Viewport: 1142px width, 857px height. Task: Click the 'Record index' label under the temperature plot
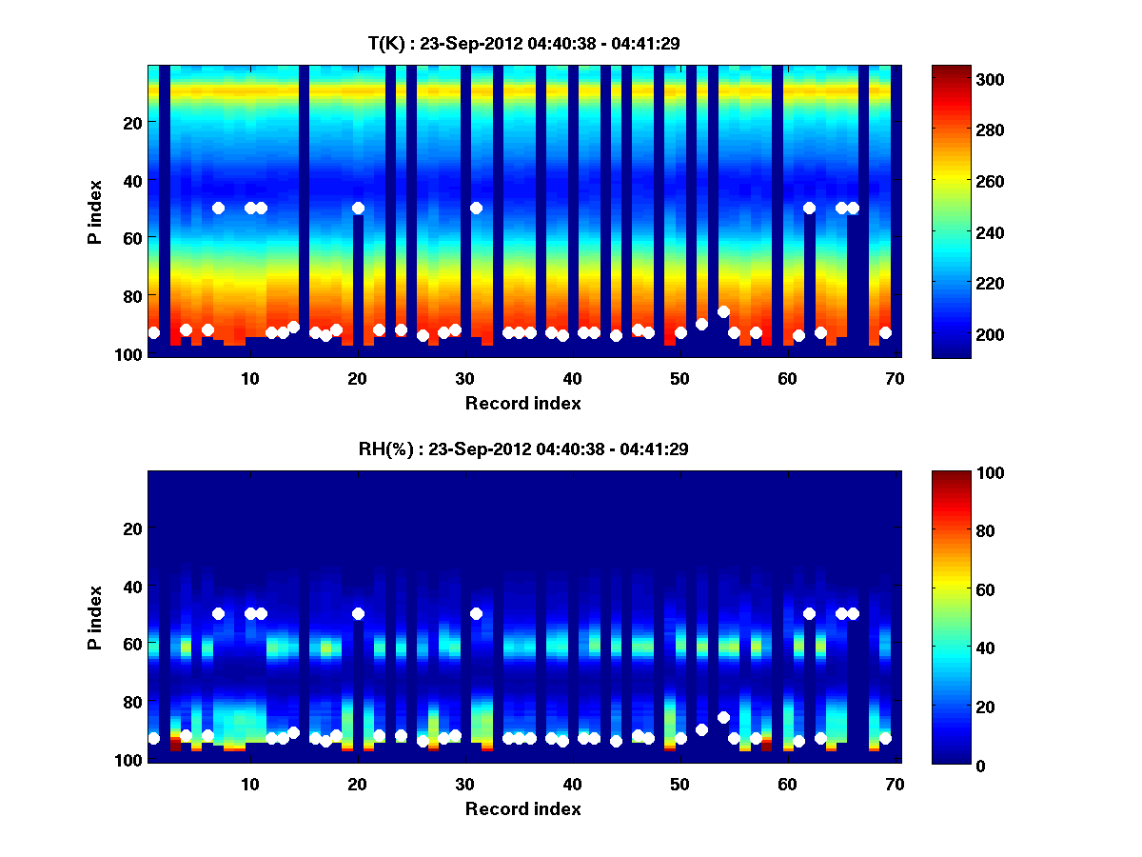click(522, 403)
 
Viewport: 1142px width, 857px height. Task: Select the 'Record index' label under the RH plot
click(522, 808)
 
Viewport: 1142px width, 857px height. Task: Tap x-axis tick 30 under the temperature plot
click(464, 378)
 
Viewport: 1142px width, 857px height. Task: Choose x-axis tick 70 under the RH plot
click(894, 784)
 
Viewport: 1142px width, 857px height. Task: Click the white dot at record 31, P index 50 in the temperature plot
click(476, 208)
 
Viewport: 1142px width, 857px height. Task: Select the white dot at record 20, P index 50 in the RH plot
click(358, 613)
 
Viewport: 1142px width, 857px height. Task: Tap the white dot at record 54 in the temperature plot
click(723, 311)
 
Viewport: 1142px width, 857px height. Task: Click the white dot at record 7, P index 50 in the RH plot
click(218, 613)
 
